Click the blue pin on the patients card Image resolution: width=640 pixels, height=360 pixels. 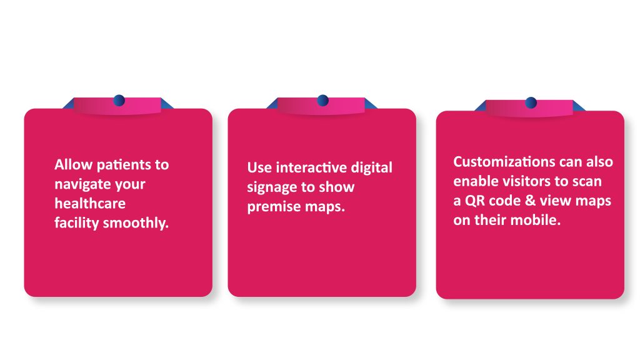tap(119, 100)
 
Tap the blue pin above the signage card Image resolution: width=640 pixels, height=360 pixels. tap(323, 100)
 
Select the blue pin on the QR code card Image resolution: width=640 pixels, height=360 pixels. tap(531, 102)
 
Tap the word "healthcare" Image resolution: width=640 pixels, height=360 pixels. tap(90, 203)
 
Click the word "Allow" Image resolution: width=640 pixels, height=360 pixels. tap(74, 164)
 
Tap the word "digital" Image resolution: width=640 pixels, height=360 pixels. tap(372, 167)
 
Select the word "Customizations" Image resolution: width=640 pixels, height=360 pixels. tap(504, 162)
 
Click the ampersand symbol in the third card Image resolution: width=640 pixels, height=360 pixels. tap(530, 201)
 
